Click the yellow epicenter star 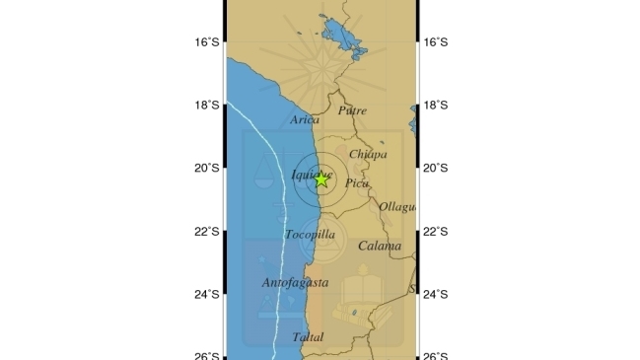click(321, 179)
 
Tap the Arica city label click(305, 120)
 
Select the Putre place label click(352, 110)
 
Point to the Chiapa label click(368, 154)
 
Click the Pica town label click(356, 182)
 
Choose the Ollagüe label click(396, 207)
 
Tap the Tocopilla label click(310, 235)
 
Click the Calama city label click(380, 246)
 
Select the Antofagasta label click(295, 283)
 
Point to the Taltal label click(308, 337)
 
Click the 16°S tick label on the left click(207, 42)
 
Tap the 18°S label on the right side click(435, 106)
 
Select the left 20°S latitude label click(207, 169)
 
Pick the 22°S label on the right click(435, 232)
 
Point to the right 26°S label click(435, 355)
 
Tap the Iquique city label click(308, 176)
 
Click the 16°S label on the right click(435, 42)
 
